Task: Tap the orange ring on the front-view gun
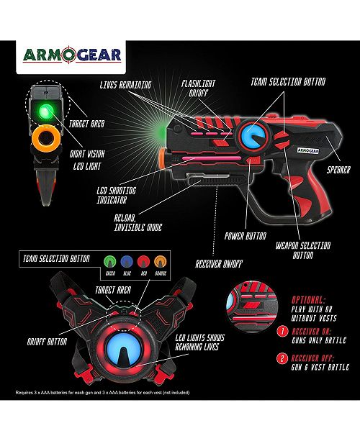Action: (46, 138)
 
